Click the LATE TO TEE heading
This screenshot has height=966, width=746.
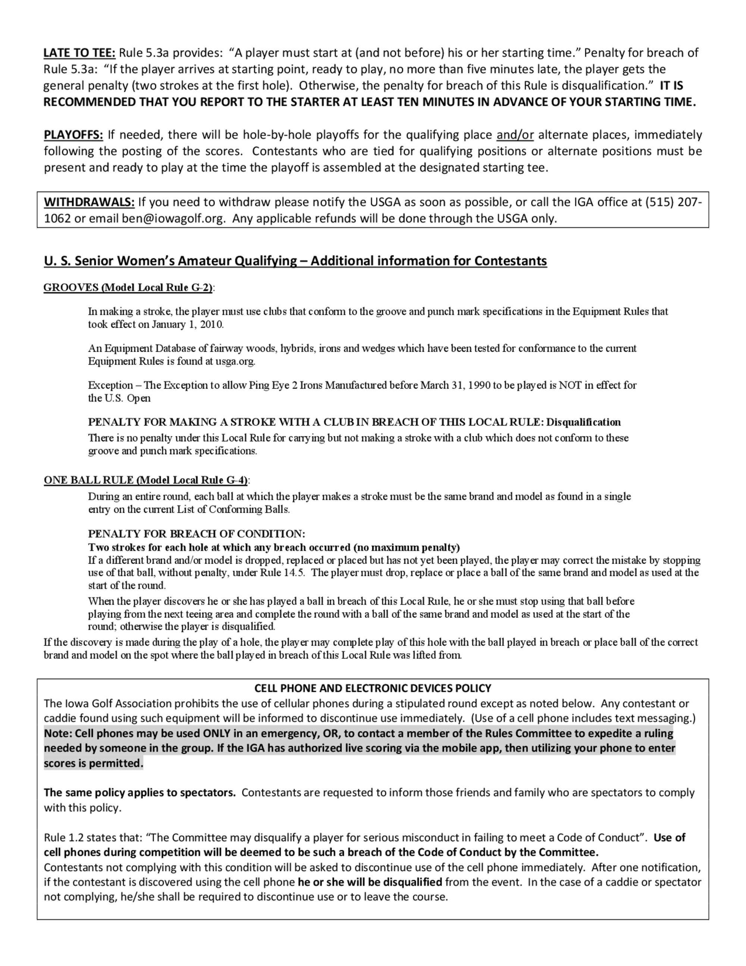[79, 53]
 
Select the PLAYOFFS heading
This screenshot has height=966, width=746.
[73, 134]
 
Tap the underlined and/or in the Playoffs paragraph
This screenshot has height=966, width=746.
[515, 134]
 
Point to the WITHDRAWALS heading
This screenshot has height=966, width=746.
[89, 202]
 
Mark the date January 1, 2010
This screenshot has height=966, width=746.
[188, 324]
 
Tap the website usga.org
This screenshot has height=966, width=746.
[235, 361]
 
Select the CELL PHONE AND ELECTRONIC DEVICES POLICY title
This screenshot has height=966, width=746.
[373, 688]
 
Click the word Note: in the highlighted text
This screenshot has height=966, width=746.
[58, 733]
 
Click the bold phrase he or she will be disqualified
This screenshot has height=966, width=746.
[370, 882]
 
